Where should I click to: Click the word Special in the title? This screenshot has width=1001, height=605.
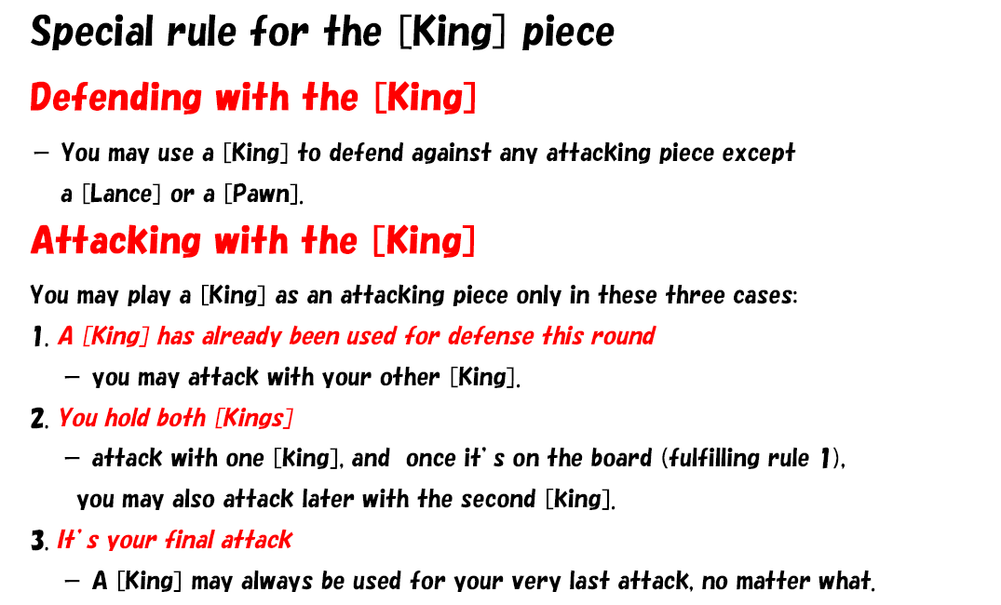tap(92, 33)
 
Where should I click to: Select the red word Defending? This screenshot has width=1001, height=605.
tap(115, 99)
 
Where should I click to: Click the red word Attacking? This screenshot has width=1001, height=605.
tap(115, 241)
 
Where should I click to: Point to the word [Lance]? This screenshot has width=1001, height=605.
tap(121, 194)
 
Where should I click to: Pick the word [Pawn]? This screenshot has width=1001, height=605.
tap(262, 194)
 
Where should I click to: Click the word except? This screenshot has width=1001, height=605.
tap(758, 154)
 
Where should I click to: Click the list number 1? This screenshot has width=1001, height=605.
tap(38, 337)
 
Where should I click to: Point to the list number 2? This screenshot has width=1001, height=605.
tap(37, 419)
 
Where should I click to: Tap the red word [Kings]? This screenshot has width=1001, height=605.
tap(254, 419)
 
